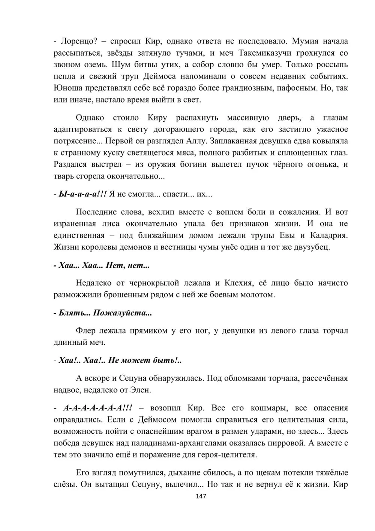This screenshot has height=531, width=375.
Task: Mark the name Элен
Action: pyautogui.click(x=141, y=390)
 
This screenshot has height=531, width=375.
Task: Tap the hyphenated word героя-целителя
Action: pyautogui.click(x=225, y=455)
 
